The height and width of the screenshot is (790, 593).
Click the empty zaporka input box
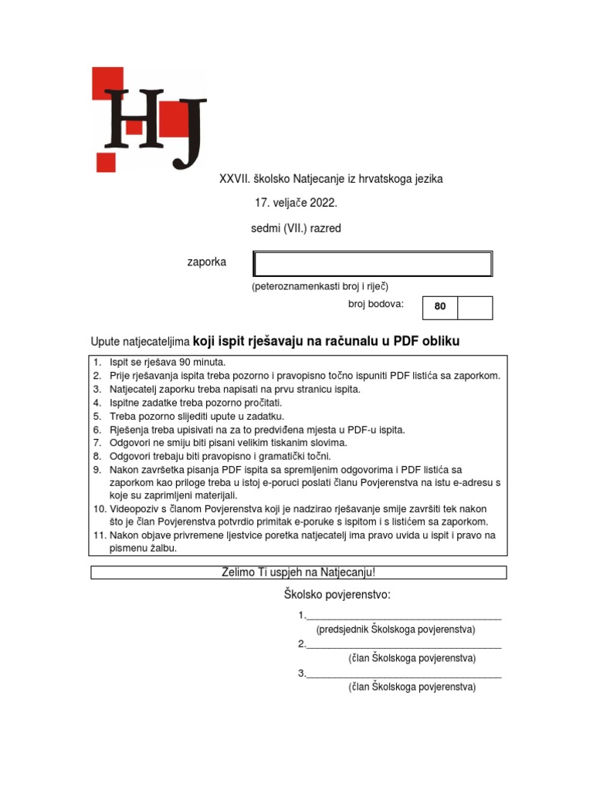(372, 264)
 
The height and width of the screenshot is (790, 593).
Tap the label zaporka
(207, 262)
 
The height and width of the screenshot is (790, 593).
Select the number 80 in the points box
(440, 306)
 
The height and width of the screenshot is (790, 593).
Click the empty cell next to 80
(474, 306)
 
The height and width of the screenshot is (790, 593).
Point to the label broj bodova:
(376, 304)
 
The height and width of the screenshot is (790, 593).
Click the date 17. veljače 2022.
(296, 204)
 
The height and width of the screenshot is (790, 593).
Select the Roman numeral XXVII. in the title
(235, 179)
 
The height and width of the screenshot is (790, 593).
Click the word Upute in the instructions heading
(107, 341)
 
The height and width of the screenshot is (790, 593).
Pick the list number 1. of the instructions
(97, 362)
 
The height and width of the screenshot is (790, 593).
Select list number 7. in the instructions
(97, 443)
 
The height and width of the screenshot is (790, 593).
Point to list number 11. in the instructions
(99, 535)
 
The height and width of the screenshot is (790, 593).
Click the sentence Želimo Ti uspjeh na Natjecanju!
(298, 572)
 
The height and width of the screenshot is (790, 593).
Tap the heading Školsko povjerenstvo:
(337, 595)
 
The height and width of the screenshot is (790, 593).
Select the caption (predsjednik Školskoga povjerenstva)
(395, 630)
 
